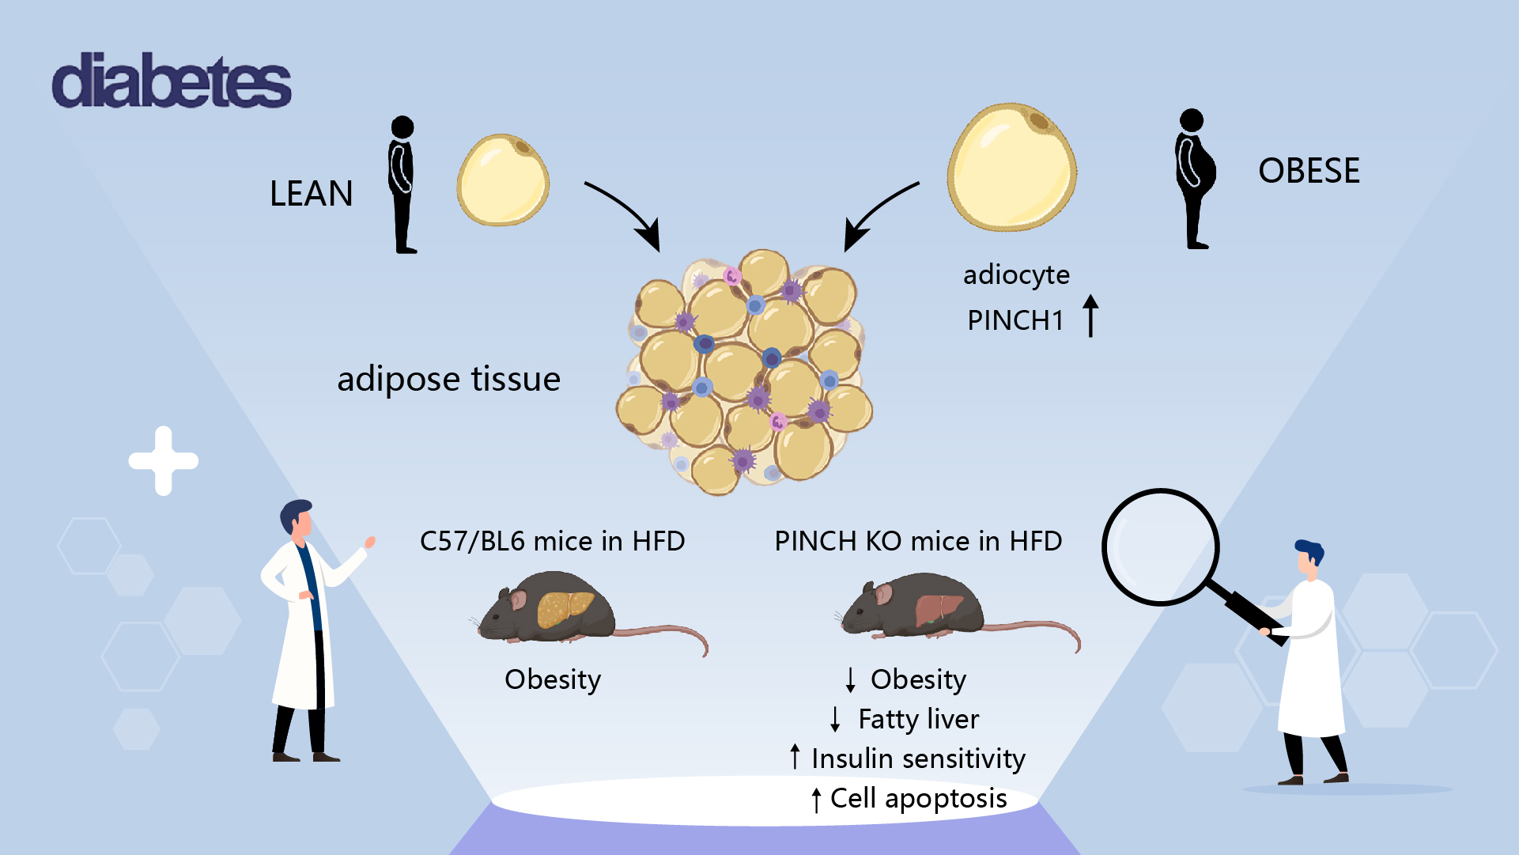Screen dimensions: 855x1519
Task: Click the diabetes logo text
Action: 172,81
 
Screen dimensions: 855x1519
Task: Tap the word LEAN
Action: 311,194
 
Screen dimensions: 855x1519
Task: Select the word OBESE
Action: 1309,171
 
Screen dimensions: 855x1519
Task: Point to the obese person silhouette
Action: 1194,179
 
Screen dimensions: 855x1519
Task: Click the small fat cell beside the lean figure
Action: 503,180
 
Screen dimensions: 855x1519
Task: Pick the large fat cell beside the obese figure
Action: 1011,167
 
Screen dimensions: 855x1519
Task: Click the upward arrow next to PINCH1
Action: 1090,316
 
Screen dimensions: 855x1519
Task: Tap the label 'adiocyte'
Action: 1016,274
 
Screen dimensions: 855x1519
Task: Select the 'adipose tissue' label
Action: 448,379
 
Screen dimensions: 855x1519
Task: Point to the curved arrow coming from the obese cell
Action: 877,212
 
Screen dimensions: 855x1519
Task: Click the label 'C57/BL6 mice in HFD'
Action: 552,541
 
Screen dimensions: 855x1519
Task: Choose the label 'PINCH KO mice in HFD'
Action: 918,541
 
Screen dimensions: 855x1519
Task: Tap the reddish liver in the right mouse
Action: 939,610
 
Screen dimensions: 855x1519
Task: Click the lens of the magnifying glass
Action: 1160,547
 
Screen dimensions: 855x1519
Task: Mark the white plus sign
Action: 164,461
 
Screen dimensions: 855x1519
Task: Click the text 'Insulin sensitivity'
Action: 918,759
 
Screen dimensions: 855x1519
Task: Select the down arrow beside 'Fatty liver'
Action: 835,719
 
